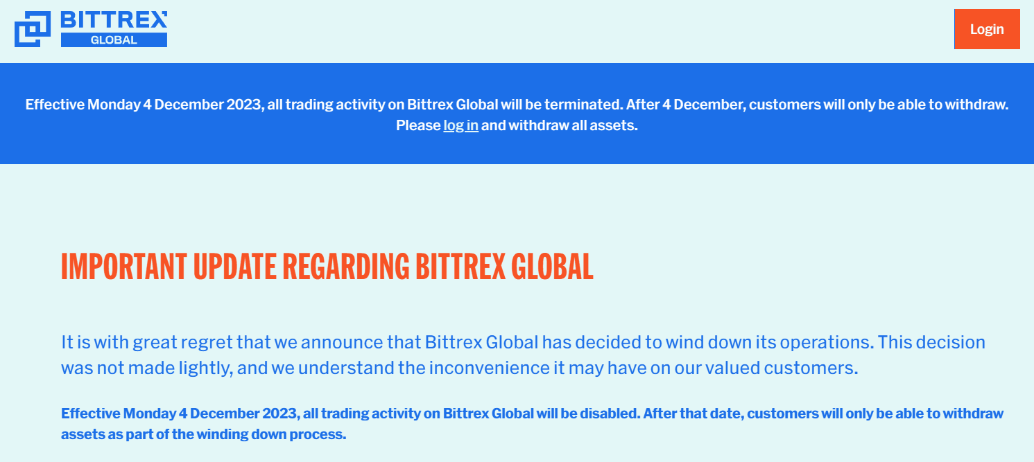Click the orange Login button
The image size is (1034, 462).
tap(987, 29)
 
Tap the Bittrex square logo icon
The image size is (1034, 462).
tap(33, 29)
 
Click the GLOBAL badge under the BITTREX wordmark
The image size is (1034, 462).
tap(114, 40)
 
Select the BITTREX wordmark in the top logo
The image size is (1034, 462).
tap(114, 19)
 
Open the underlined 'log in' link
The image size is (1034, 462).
tap(460, 125)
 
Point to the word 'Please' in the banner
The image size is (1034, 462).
tap(417, 125)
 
